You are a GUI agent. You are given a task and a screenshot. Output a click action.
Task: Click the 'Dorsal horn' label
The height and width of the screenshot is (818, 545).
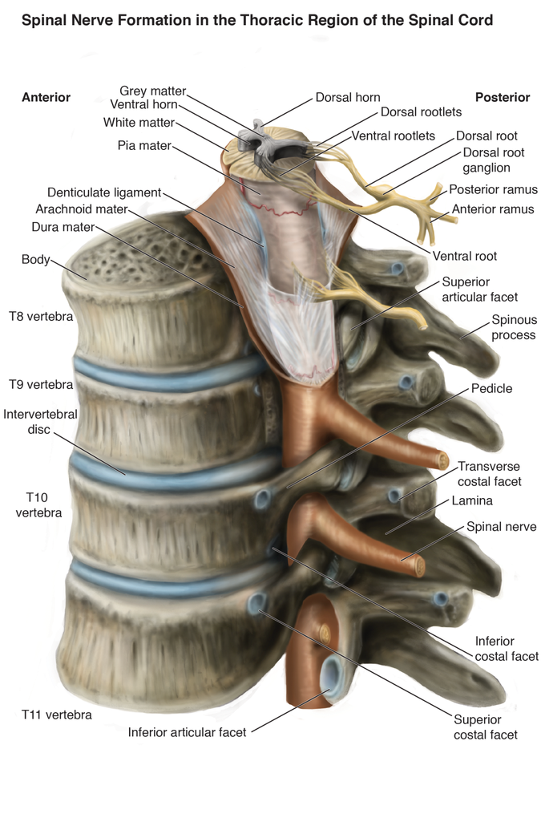[348, 98]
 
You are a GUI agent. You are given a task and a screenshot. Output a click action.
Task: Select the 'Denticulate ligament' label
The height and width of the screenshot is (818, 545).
[104, 192]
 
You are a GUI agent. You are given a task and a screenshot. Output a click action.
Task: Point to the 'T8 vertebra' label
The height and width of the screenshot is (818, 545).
[41, 316]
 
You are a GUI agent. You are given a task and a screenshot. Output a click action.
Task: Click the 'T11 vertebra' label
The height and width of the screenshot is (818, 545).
[56, 714]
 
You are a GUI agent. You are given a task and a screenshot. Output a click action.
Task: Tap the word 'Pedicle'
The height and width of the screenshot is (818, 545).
[491, 388]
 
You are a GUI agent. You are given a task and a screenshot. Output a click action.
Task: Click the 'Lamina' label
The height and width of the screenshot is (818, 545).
[471, 500]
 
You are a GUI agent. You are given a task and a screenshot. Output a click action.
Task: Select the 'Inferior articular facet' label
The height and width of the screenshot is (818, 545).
[188, 731]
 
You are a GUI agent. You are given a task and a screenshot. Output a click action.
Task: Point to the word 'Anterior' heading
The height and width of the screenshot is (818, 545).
[46, 97]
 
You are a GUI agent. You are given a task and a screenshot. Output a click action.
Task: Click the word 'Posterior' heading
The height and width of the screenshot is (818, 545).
[503, 97]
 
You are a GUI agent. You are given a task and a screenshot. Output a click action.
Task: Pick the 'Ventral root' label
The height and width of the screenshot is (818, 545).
[465, 256]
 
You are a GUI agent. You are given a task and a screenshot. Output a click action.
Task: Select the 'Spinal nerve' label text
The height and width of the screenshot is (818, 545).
[502, 527]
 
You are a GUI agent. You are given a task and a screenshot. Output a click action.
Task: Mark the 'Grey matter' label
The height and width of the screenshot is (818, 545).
[152, 91]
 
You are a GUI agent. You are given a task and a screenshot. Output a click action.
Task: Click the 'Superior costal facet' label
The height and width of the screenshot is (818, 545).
[486, 727]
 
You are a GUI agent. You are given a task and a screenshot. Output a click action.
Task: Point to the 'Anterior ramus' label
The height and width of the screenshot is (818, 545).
[493, 209]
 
